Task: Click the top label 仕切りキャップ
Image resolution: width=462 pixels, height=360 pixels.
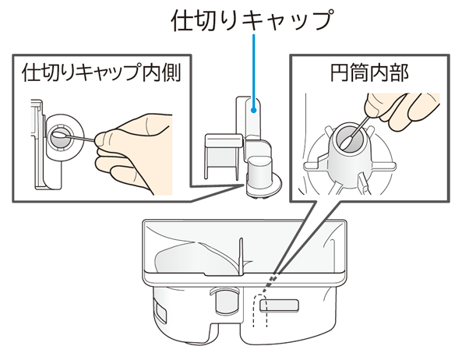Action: click(252, 19)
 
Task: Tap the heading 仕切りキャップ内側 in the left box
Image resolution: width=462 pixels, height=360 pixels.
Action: click(101, 72)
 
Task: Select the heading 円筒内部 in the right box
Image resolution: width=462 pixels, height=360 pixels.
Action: click(369, 72)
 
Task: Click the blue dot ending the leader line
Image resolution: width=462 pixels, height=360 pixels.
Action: click(253, 111)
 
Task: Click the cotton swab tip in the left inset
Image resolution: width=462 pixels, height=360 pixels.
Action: click(58, 135)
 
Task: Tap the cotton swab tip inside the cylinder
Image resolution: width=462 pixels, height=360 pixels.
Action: click(344, 144)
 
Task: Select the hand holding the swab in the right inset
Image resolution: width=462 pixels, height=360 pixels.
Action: click(401, 111)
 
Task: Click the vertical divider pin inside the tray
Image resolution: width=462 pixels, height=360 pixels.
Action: click(241, 257)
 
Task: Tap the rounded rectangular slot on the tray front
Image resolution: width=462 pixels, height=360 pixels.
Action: click(279, 305)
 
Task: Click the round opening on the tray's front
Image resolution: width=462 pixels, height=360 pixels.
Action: click(226, 301)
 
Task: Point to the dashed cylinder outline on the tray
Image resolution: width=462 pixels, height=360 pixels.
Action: click(260, 310)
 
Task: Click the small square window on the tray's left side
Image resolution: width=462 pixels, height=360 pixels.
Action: click(160, 312)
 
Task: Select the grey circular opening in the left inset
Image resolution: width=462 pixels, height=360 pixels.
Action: click(60, 138)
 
